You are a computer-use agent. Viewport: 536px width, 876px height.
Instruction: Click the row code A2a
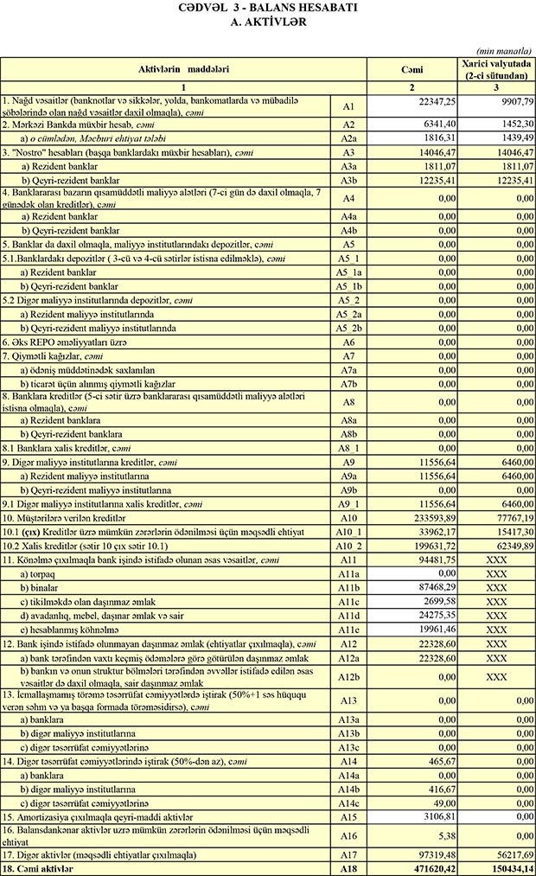pyautogui.click(x=349, y=137)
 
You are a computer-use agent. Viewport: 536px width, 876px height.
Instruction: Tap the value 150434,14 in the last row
pyautogui.click(x=509, y=867)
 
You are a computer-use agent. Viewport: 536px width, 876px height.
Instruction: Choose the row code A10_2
pyautogui.click(x=349, y=547)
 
